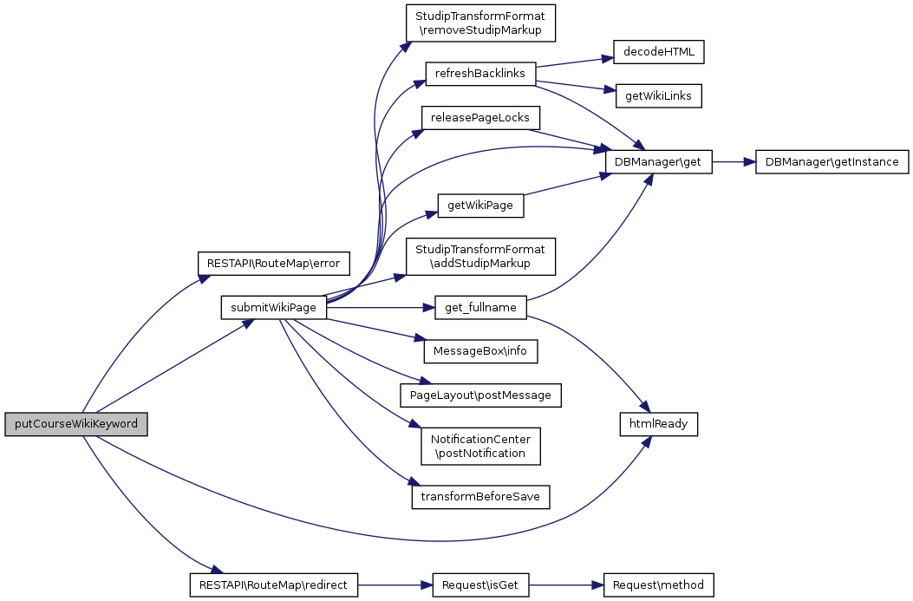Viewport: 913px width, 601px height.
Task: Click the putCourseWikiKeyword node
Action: [x=75, y=424]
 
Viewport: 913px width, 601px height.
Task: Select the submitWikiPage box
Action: [x=273, y=307]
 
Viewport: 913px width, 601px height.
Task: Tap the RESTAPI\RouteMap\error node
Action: [x=273, y=262]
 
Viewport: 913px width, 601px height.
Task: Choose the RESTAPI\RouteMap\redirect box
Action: [x=273, y=585]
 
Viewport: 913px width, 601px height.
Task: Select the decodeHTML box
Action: [x=658, y=52]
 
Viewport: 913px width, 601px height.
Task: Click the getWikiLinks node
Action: [x=658, y=96]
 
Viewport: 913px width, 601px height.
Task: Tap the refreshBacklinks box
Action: [x=479, y=74]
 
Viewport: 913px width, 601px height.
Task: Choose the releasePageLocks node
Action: [x=479, y=117]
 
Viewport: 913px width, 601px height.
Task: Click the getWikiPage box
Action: [x=479, y=206]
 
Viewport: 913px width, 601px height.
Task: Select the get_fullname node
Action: [x=479, y=307]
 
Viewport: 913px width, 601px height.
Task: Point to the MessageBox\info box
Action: [x=479, y=351]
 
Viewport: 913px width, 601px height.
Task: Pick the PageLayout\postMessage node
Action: [x=479, y=395]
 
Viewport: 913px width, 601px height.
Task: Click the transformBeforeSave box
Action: [x=479, y=497]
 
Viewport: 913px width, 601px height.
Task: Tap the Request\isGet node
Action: [x=479, y=585]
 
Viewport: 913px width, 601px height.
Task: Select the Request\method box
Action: [x=658, y=585]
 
